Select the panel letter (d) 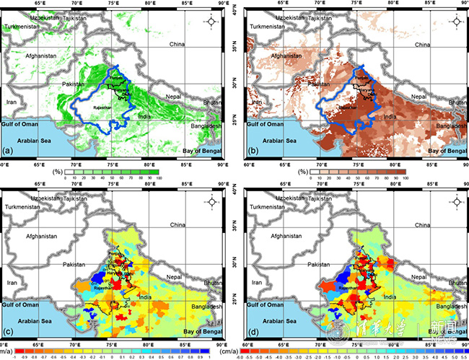click(253, 333)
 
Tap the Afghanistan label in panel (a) click(42, 56)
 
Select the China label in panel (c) click(177, 225)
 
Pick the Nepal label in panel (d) click(418, 276)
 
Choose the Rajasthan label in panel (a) click(99, 109)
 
